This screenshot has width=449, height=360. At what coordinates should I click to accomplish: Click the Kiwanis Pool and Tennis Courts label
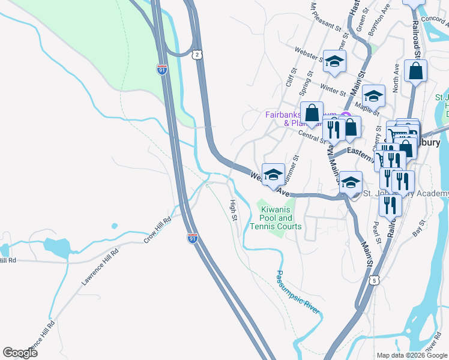276,218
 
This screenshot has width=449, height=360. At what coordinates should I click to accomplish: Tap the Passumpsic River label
297,292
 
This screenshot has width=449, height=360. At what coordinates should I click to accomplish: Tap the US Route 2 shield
197,55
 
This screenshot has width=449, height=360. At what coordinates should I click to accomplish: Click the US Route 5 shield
375,280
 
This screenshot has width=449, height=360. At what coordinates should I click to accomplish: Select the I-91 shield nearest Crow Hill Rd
192,238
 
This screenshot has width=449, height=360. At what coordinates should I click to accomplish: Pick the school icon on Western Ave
273,175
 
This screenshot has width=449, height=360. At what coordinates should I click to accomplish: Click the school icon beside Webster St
334,61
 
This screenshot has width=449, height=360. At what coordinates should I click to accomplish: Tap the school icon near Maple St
373,95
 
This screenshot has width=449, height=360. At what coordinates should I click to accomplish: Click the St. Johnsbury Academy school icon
351,182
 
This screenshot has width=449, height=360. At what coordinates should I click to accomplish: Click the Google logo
20,353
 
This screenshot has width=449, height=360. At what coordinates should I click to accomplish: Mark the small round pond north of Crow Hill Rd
114,226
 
